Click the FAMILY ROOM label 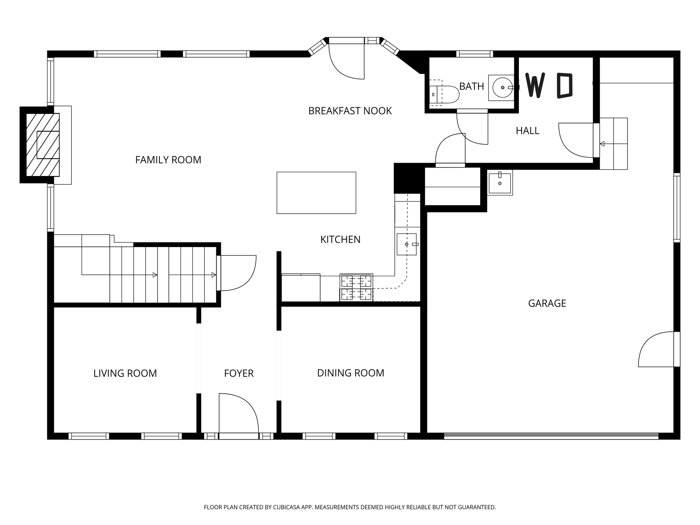pyautogui.click(x=168, y=160)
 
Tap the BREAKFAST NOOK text pyautogui.click(x=350, y=111)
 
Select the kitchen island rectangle pyautogui.click(x=316, y=193)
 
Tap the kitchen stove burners pyautogui.click(x=356, y=287)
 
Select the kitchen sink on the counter pyautogui.click(x=406, y=244)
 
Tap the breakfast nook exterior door pyautogui.click(x=346, y=62)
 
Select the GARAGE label pyautogui.click(x=547, y=304)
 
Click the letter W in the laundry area pyautogui.click(x=535, y=85)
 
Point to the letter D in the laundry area pyautogui.click(x=565, y=85)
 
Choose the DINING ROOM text pyautogui.click(x=351, y=373)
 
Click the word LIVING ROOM pyautogui.click(x=125, y=373)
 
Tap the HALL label pyautogui.click(x=527, y=131)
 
